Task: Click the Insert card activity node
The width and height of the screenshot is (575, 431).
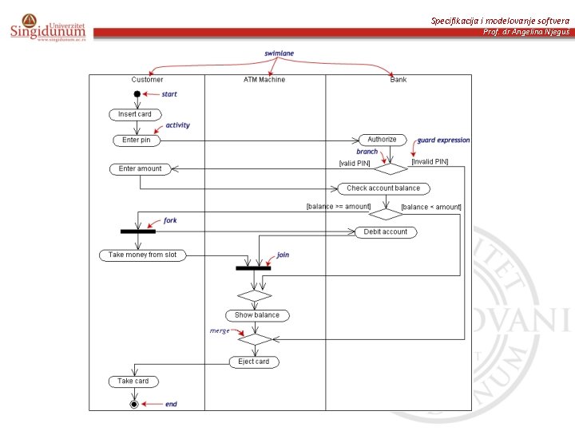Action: pos(135,114)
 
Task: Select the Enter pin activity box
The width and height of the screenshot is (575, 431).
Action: pos(137,140)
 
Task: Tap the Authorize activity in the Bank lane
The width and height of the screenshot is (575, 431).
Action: pos(382,140)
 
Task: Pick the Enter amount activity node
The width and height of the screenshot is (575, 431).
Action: pos(140,168)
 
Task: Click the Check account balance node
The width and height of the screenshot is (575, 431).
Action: pos(383,188)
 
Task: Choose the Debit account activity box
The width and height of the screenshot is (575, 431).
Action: pos(386,231)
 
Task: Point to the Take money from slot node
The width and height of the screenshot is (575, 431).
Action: pos(142,255)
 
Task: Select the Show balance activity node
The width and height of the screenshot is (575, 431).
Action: pos(257,315)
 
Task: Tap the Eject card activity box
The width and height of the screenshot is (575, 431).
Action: pos(254,362)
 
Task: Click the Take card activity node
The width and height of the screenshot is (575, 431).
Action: pos(133,381)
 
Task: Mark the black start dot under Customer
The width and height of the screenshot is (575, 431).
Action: pos(137,94)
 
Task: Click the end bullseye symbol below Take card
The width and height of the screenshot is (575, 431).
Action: pos(134,404)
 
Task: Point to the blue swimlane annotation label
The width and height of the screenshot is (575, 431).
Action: pos(280,53)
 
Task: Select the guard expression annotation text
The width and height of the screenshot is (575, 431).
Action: pos(444,140)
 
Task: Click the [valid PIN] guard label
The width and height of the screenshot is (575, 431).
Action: pos(355,163)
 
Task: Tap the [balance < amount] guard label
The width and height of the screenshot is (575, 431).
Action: pos(431,207)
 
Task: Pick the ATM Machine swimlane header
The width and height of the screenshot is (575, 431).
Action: pos(264,80)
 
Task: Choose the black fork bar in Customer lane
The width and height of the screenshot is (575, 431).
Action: pos(138,231)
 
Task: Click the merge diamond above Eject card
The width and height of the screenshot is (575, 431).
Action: pos(255,339)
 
